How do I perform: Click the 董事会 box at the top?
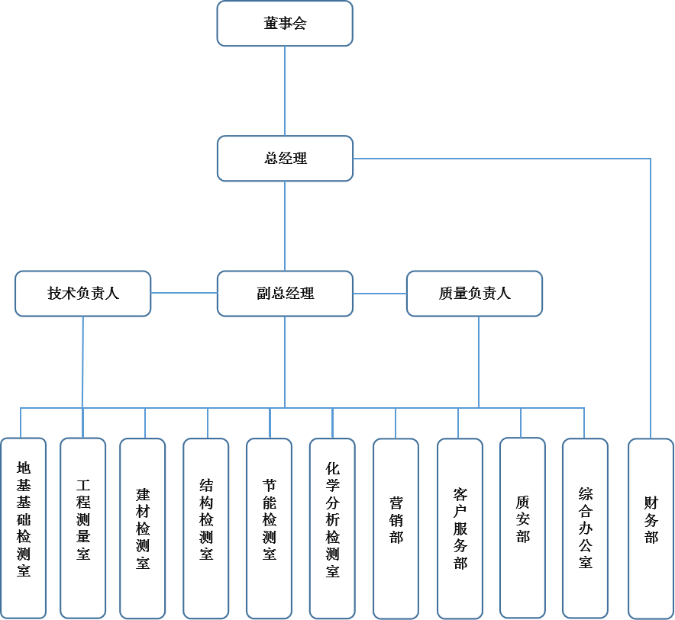[x=285, y=24]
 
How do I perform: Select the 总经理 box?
[x=285, y=159]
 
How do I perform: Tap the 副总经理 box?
[x=285, y=294]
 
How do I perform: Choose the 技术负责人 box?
[x=83, y=294]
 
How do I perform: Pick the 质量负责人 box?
[x=474, y=294]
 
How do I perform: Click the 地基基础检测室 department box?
[x=24, y=528]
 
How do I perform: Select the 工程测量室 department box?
[x=83, y=528]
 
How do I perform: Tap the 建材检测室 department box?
[x=143, y=528]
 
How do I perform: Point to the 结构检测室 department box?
[x=206, y=528]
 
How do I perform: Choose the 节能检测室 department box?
[x=269, y=528]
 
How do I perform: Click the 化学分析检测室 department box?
[x=332, y=528]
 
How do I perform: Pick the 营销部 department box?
[x=396, y=528]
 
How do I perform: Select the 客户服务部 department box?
[x=460, y=528]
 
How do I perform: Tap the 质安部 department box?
[x=522, y=528]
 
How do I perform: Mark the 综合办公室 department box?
[x=585, y=528]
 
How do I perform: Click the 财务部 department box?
[x=651, y=528]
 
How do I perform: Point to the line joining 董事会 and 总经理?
[x=285, y=92]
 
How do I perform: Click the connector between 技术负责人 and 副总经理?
[x=184, y=293]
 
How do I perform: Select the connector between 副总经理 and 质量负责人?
[x=379, y=294]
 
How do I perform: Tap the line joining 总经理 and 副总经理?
[x=285, y=226]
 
